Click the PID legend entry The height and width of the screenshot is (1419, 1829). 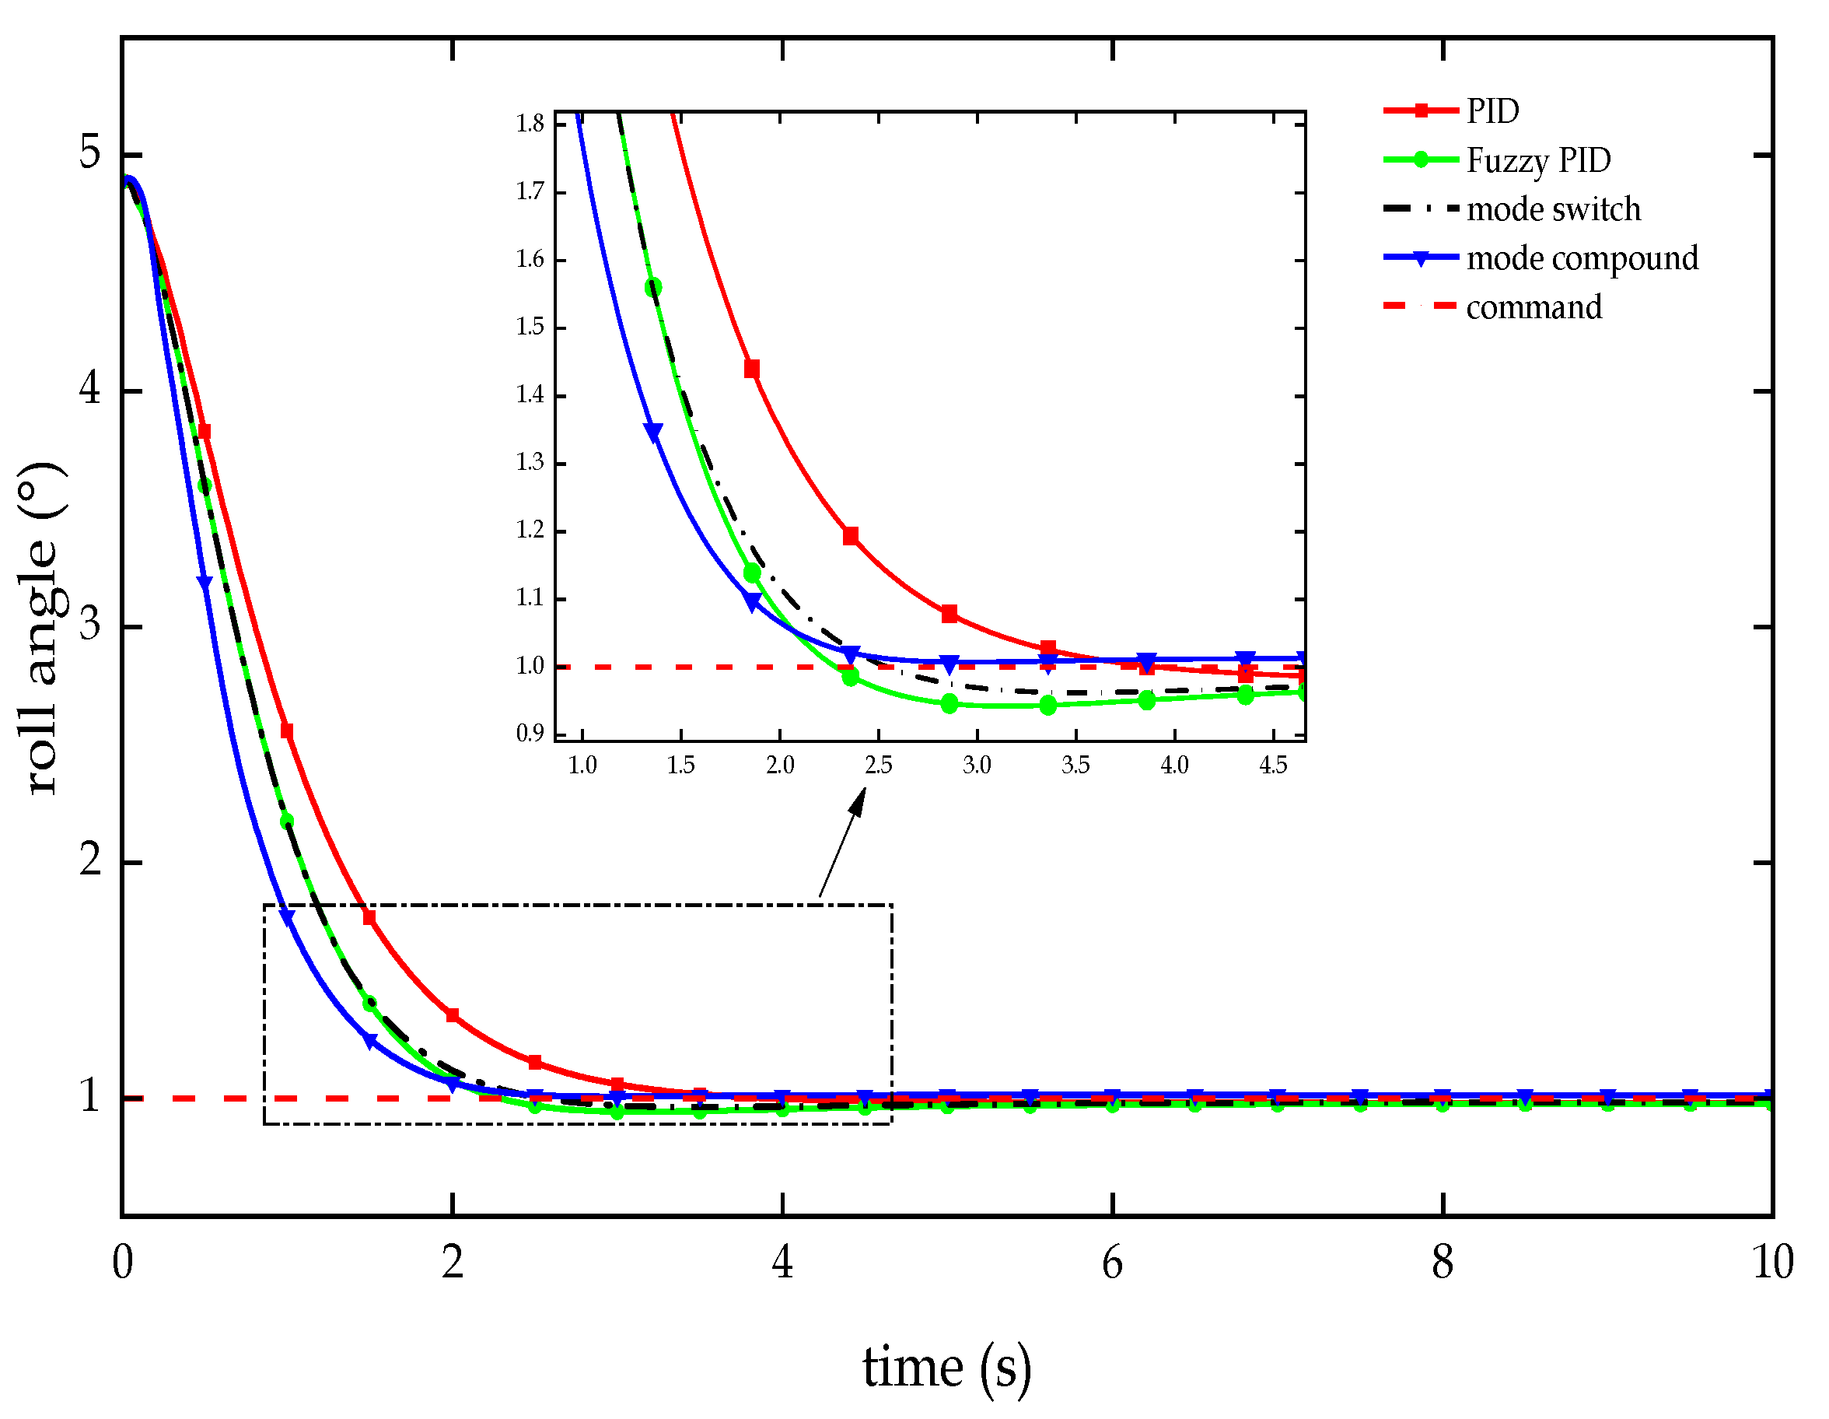[1492, 111]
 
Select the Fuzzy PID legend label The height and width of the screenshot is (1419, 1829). [1538, 160]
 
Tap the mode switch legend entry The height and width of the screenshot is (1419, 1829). [1554, 209]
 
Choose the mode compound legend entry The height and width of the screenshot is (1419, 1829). [1582, 258]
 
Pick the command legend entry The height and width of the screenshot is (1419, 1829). [1533, 307]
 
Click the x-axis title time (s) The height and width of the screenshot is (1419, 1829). [946, 1367]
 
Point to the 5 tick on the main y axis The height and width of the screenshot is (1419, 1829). [89, 152]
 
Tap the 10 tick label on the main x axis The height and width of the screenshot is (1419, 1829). [1772, 1263]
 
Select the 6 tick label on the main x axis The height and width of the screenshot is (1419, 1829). [1112, 1263]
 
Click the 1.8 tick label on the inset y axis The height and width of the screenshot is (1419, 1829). [530, 124]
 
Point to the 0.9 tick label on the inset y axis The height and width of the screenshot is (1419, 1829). [530, 734]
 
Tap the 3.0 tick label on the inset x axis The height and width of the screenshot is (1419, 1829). [977, 765]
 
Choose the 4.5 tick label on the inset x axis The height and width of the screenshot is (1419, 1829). [1273, 765]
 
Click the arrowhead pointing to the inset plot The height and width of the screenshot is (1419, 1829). [858, 801]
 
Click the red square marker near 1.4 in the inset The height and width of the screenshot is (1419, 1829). [752, 370]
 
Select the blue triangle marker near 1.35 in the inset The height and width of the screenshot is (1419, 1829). [653, 433]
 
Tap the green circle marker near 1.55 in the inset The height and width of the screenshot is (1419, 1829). [653, 288]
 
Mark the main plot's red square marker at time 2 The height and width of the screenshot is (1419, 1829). [453, 1016]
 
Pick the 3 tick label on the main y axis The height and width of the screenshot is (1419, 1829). [89, 625]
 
